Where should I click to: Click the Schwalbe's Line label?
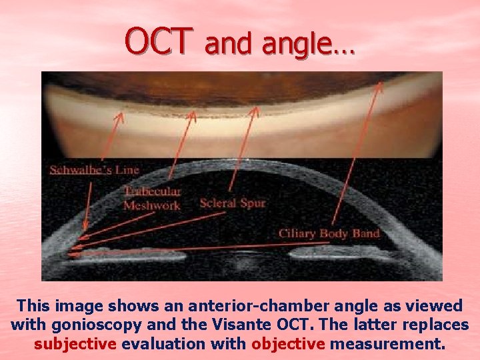click(94, 170)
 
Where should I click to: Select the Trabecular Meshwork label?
click(151, 199)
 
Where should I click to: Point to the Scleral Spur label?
click(233, 203)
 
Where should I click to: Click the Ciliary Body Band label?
click(329, 233)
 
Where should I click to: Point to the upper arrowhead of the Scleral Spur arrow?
click(255, 108)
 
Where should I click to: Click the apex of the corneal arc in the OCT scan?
click(240, 162)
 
